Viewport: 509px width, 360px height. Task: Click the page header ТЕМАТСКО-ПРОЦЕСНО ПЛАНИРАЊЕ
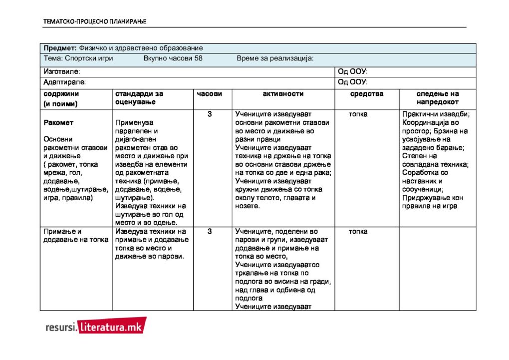[94, 21]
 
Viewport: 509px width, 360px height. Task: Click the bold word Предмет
[59, 48]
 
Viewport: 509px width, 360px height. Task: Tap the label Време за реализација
[275, 58]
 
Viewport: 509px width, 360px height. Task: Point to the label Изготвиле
[62, 72]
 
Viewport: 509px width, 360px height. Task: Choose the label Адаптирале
[64, 82]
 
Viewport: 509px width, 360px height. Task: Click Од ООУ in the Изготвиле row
[353, 72]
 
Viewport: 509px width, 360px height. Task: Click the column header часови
[210, 94]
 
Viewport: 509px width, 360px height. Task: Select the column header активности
[283, 94]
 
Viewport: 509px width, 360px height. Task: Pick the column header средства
[367, 94]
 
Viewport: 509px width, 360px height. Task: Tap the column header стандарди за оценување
[139, 98]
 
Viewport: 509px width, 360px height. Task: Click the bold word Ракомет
[58, 122]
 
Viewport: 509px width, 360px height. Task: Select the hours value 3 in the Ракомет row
[210, 114]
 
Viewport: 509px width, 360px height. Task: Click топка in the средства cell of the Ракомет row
[358, 114]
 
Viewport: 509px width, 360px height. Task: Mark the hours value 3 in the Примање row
[210, 232]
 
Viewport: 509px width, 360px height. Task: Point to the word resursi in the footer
[60, 328]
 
